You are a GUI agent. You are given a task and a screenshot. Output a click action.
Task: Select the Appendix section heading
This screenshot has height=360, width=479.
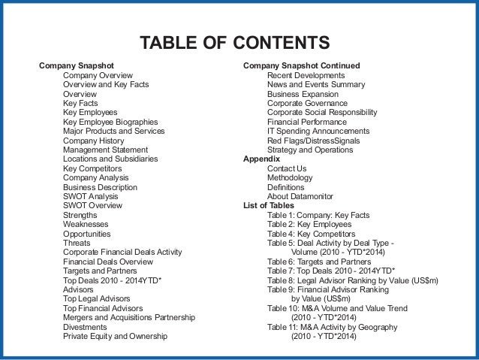click(261, 159)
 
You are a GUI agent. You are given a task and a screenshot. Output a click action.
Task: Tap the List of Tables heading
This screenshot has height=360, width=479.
click(269, 205)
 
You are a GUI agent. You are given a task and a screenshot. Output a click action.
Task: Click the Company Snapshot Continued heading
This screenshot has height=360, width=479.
click(301, 66)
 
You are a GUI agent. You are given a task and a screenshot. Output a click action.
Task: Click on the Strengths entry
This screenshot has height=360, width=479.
click(80, 215)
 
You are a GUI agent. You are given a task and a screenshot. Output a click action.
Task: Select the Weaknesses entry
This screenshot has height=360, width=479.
click(86, 224)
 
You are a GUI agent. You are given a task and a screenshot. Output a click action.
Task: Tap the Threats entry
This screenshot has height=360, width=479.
click(77, 243)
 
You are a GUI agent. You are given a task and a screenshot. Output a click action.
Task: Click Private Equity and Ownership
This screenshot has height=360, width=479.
click(115, 336)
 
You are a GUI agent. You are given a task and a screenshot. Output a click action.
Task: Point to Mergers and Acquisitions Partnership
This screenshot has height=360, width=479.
click(129, 317)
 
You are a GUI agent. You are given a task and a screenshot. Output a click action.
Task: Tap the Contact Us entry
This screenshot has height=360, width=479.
click(287, 168)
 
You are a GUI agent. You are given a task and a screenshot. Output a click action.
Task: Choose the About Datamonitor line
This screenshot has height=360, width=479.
click(303, 196)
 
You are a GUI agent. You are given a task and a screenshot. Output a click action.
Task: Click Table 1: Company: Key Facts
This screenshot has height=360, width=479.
click(318, 215)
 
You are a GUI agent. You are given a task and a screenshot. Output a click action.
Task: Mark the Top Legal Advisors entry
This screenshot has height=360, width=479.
click(97, 299)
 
